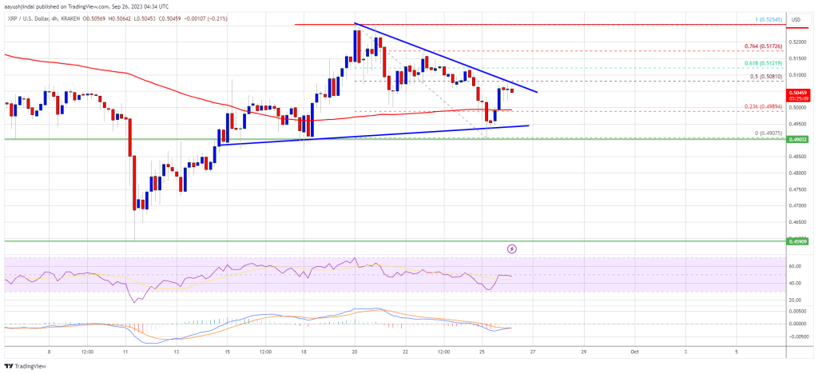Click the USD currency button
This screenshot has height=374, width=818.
[796, 18]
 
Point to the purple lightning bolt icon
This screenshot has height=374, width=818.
[512, 249]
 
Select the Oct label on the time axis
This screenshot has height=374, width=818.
[634, 349]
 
